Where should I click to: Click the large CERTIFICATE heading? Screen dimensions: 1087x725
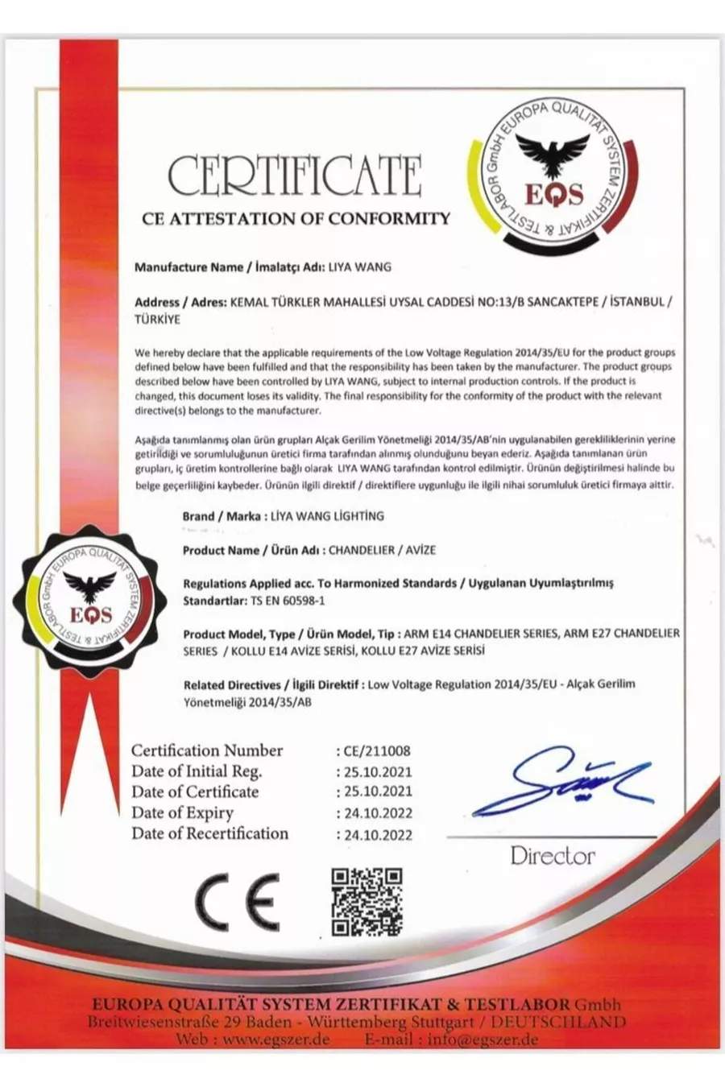click(x=295, y=176)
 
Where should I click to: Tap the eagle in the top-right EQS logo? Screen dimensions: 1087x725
click(x=553, y=154)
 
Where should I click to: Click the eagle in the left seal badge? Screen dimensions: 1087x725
click(x=90, y=587)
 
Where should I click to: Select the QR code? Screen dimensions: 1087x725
click(x=367, y=902)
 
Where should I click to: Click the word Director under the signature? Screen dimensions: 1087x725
click(x=553, y=856)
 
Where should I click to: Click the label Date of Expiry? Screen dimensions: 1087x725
click(x=182, y=812)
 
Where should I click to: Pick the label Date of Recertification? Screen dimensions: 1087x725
click(x=209, y=833)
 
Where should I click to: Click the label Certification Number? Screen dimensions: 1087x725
click(x=207, y=750)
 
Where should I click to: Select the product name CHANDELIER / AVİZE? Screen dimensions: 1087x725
click(x=382, y=550)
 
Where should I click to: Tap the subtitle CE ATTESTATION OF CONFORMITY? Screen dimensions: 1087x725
click(x=296, y=218)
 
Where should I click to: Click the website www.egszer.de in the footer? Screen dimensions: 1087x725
click(x=274, y=1039)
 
